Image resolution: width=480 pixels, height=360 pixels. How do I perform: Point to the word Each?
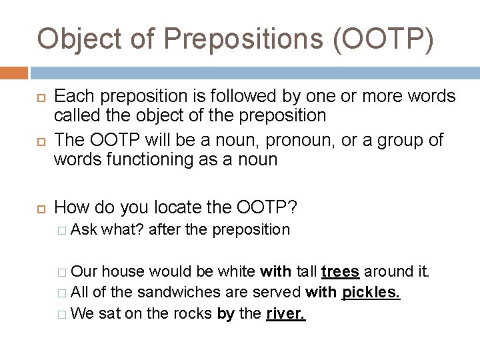(x=75, y=97)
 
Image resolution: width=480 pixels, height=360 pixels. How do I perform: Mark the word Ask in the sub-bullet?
(x=83, y=230)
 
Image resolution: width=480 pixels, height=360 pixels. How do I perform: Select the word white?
(x=235, y=271)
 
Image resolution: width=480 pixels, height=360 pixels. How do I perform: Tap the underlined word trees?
(x=341, y=271)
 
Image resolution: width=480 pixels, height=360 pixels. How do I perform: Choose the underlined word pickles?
(x=371, y=292)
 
